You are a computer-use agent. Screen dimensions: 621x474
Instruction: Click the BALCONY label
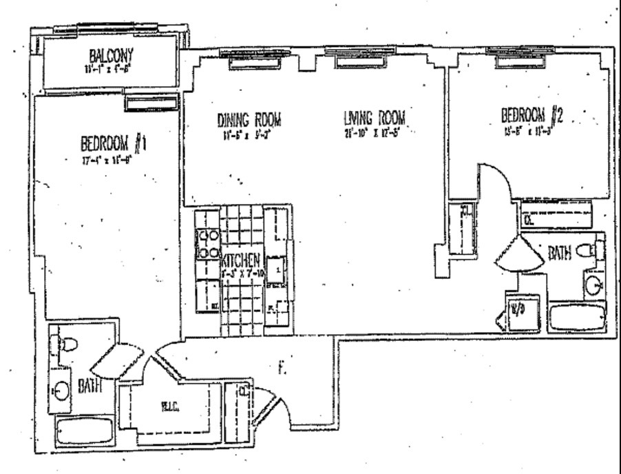click(111, 55)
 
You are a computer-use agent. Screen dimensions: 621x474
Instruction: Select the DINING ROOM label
click(249, 119)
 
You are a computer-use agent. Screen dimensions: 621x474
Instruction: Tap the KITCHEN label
click(241, 261)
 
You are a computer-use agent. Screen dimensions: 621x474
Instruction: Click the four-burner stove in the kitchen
click(207, 244)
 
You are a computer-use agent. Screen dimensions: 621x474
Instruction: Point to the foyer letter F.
click(281, 369)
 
